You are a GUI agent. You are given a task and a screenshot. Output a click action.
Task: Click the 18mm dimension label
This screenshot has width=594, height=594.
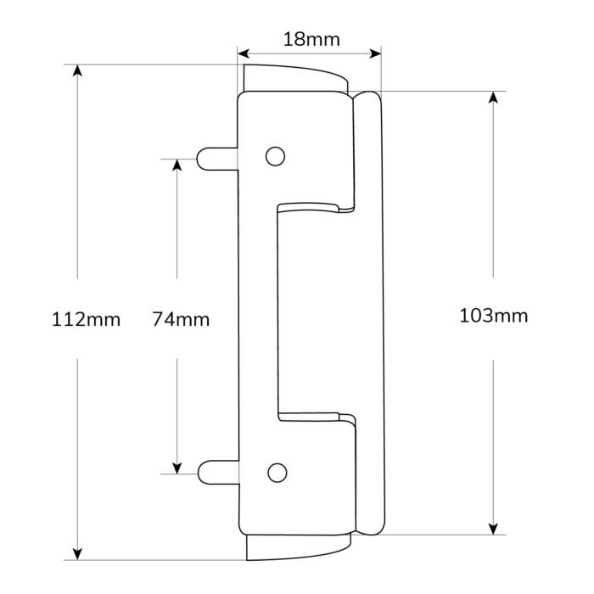tap(310, 39)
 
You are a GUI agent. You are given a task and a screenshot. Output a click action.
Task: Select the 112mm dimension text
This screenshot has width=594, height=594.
tap(86, 320)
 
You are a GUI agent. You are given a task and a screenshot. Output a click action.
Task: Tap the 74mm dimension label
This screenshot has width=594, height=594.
tap(180, 320)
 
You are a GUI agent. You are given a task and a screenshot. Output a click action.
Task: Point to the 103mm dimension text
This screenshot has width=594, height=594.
tap(493, 317)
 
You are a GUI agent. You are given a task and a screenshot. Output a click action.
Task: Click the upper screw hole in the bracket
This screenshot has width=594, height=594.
tap(274, 156)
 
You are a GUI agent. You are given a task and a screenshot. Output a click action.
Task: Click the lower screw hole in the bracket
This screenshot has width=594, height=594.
tap(274, 472)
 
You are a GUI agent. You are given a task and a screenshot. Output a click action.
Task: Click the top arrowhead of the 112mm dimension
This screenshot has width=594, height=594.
tap(78, 71)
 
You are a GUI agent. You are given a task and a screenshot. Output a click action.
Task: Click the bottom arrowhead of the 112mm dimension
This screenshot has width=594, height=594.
tap(78, 552)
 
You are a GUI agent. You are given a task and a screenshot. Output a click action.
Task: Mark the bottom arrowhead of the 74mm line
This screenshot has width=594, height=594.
tap(177, 465)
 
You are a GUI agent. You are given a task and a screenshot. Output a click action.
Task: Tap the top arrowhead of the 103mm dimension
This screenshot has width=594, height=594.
tap(494, 98)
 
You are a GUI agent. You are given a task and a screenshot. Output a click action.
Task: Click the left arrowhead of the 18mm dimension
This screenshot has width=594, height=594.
tap(245, 53)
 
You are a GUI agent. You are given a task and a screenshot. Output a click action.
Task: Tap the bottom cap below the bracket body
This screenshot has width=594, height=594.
tap(296, 546)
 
